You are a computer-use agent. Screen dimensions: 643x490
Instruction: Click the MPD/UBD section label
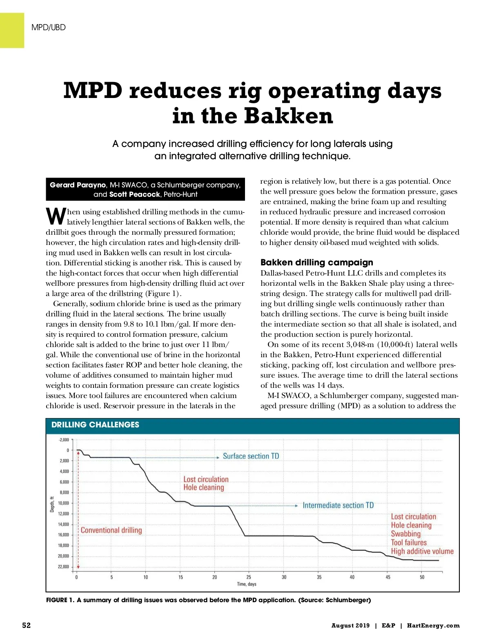[48, 28]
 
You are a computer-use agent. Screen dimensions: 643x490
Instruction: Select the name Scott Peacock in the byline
[134, 194]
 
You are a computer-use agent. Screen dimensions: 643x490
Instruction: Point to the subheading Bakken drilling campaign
[316, 262]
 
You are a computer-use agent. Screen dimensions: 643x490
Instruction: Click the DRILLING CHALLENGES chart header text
[95, 425]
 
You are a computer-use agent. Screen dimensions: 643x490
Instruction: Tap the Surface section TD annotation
[251, 456]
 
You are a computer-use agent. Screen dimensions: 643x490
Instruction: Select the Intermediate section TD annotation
[338, 505]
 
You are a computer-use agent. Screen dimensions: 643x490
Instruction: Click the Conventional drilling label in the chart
[111, 530]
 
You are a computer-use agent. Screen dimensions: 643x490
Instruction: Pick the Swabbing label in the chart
[405, 534]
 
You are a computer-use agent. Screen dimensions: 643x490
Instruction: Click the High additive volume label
[422, 552]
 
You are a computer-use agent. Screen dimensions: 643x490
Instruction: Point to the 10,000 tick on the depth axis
[63, 503]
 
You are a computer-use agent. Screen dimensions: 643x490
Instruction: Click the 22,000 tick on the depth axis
[63, 567]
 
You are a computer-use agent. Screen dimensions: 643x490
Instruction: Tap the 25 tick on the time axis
[249, 577]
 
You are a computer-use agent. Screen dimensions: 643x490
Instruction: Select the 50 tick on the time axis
[422, 577]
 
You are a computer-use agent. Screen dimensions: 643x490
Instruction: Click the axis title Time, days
[247, 584]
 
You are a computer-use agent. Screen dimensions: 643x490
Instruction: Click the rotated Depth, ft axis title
[52, 504]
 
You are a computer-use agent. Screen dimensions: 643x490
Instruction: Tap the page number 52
[26, 625]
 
